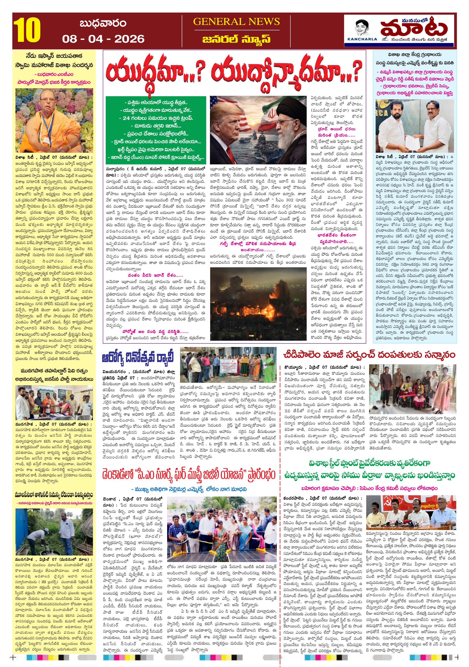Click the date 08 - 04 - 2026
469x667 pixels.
103,39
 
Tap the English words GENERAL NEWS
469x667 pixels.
236,22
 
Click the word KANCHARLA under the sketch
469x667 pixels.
362,39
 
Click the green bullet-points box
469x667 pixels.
156,129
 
